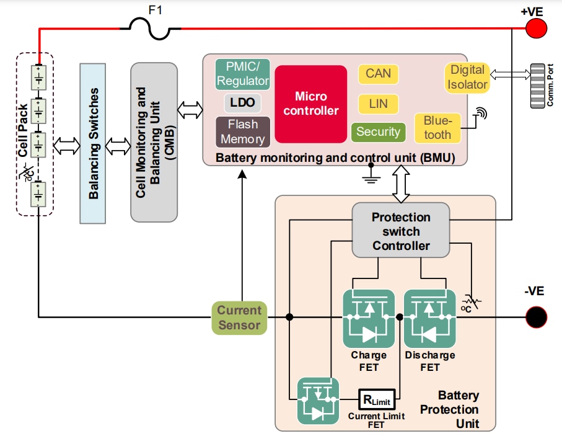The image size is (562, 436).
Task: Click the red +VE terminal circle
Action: (x=536, y=28)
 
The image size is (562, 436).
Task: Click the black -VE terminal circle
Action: (x=536, y=318)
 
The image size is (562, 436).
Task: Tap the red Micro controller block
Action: (x=310, y=104)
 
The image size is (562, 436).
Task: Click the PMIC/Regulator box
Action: (x=242, y=74)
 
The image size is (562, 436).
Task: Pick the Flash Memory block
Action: (x=242, y=131)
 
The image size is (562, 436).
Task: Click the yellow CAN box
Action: (x=378, y=74)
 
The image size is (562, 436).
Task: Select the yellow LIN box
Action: (x=378, y=104)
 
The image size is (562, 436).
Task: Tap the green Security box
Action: (x=378, y=131)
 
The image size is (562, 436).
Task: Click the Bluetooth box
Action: (x=437, y=127)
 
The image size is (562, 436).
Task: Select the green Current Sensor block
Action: (x=239, y=318)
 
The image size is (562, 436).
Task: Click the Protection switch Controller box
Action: (x=400, y=231)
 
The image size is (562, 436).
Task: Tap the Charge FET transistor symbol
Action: (x=369, y=318)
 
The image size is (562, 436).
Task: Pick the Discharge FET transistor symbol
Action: (x=429, y=318)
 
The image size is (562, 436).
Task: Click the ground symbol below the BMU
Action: (x=371, y=179)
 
